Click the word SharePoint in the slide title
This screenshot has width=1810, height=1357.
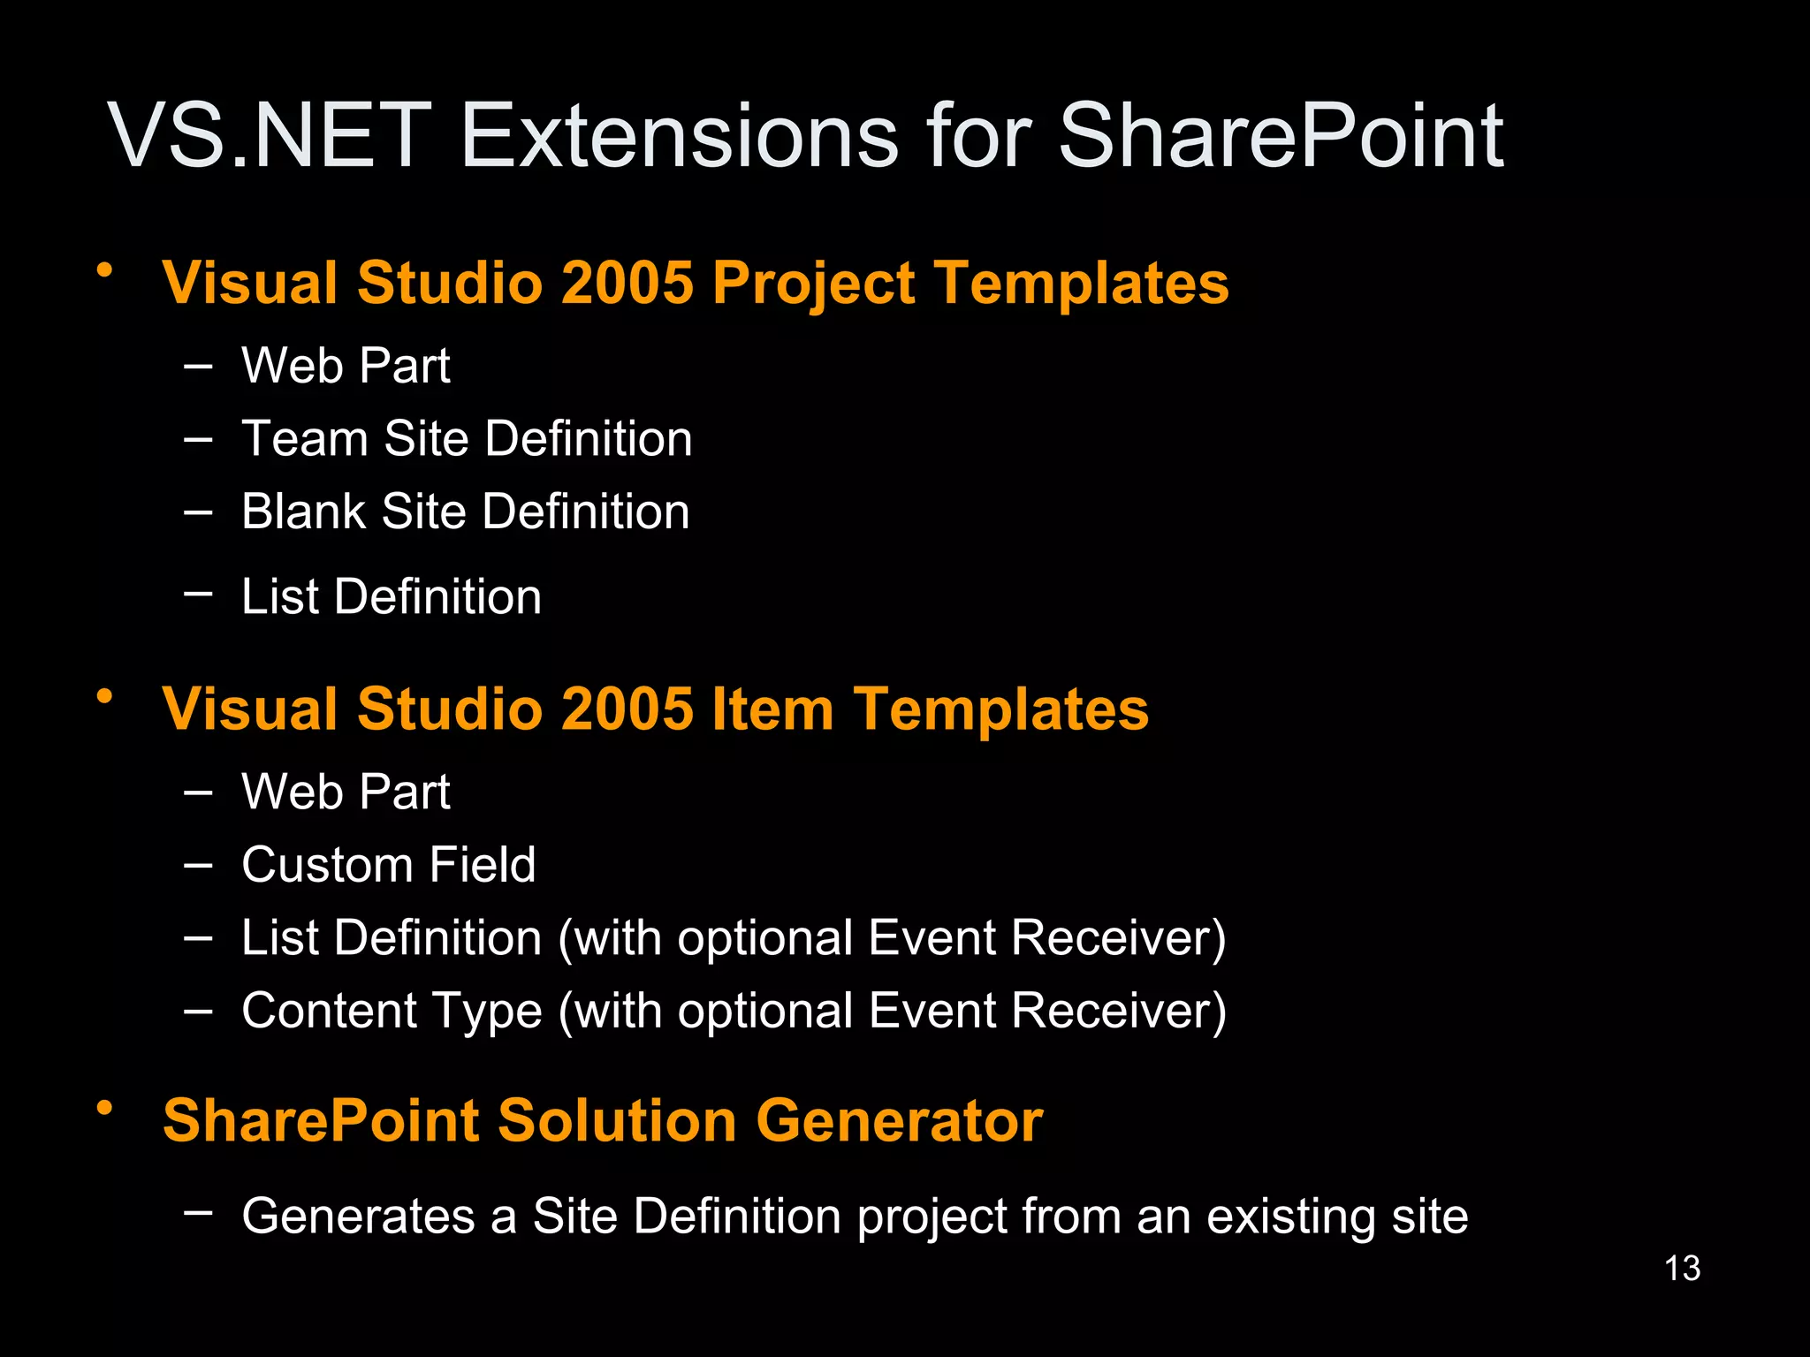point(1280,137)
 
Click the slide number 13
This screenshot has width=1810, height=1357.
point(1682,1269)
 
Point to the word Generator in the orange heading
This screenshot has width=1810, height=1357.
point(899,1121)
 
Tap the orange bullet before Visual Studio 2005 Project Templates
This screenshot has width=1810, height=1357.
point(105,269)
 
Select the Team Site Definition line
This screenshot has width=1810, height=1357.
point(467,439)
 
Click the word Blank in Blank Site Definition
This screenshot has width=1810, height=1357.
point(303,512)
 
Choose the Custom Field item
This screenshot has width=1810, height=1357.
point(389,865)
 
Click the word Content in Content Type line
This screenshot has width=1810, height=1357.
point(329,1011)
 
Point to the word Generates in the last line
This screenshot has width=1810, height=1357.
point(358,1217)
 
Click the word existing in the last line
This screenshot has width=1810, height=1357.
point(1291,1217)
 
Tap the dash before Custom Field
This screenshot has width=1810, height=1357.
point(198,866)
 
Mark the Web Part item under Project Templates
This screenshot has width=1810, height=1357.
point(346,366)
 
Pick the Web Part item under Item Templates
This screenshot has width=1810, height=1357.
point(346,792)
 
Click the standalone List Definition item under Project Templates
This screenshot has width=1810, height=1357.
point(391,597)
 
